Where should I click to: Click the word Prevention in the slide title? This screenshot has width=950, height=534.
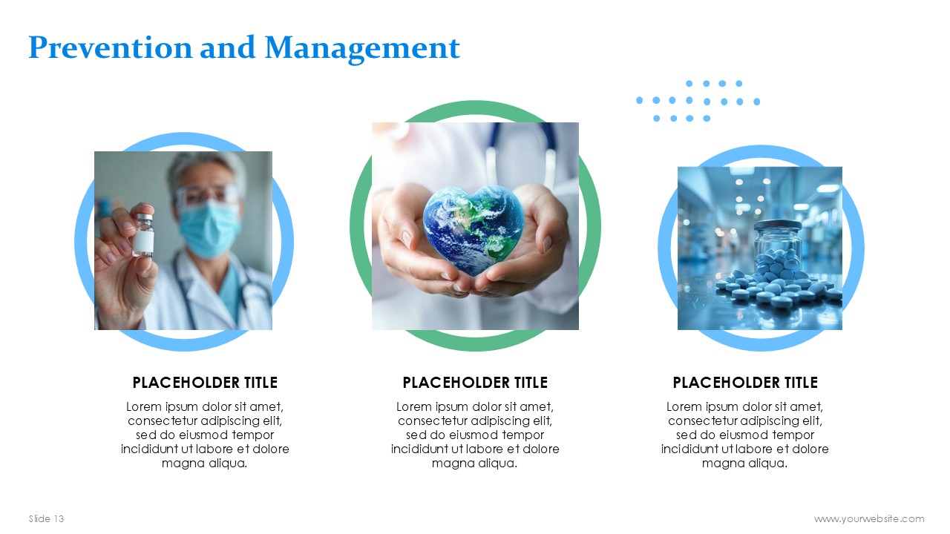[111, 47]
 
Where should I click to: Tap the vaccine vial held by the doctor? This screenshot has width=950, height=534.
[143, 235]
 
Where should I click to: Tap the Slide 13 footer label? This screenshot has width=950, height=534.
[46, 518]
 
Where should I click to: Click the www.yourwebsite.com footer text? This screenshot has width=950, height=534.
[869, 518]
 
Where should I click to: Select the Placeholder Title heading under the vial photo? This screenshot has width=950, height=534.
[205, 382]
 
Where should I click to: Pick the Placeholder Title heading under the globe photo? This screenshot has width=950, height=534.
[475, 382]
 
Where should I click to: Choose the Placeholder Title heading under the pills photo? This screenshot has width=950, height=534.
[745, 382]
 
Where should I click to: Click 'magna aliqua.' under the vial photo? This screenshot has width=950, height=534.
[204, 464]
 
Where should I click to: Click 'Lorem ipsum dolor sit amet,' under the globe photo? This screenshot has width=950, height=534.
[475, 407]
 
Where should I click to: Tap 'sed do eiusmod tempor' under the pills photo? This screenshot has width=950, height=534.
[745, 435]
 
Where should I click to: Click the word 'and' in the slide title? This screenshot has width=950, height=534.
[227, 47]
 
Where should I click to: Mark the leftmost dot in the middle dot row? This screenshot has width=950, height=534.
[640, 100]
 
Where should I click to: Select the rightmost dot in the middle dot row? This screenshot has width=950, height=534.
[756, 102]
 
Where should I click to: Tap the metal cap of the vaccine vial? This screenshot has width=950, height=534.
[144, 218]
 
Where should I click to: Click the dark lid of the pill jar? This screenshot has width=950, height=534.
[778, 225]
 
